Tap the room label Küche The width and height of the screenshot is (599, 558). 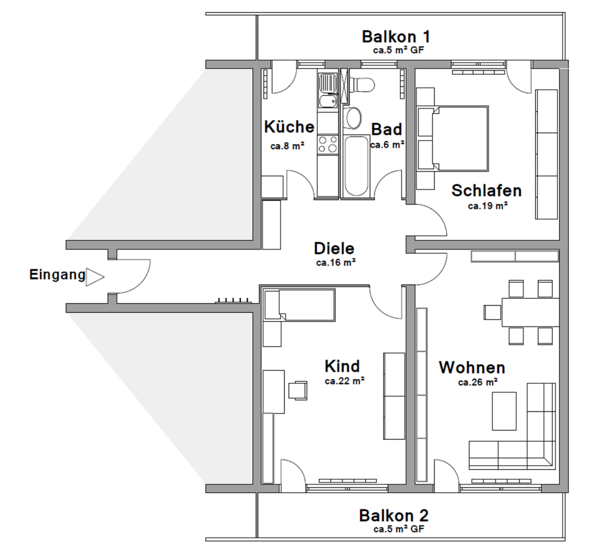point(289,127)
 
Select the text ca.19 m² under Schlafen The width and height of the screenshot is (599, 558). point(487,205)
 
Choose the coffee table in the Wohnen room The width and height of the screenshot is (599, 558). point(504,410)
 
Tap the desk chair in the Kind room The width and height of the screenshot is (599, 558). point(298,390)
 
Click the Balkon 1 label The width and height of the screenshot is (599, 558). point(396,36)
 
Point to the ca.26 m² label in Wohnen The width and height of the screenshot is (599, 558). point(477,382)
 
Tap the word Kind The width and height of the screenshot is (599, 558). point(342,365)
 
